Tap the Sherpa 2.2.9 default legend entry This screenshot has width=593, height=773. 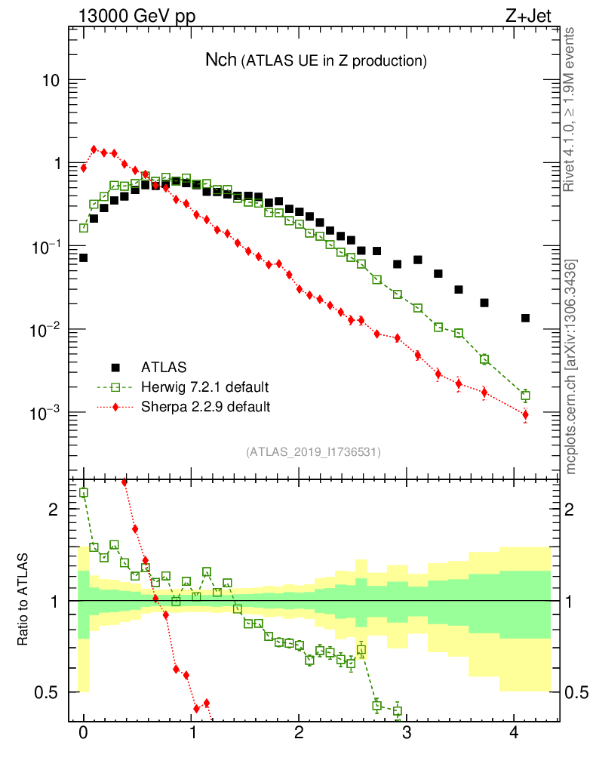[x=205, y=407]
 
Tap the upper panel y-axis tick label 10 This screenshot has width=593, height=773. [x=49, y=81]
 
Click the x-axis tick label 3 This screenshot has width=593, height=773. [x=407, y=732]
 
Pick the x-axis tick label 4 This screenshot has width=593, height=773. [x=515, y=732]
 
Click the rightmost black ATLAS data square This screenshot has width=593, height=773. [x=525, y=318]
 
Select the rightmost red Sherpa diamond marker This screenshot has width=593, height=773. [x=525, y=414]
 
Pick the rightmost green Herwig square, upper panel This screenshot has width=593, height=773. [x=525, y=396]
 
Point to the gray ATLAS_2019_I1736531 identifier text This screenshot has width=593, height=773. [x=313, y=452]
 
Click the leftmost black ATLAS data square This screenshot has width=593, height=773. [x=84, y=257]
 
